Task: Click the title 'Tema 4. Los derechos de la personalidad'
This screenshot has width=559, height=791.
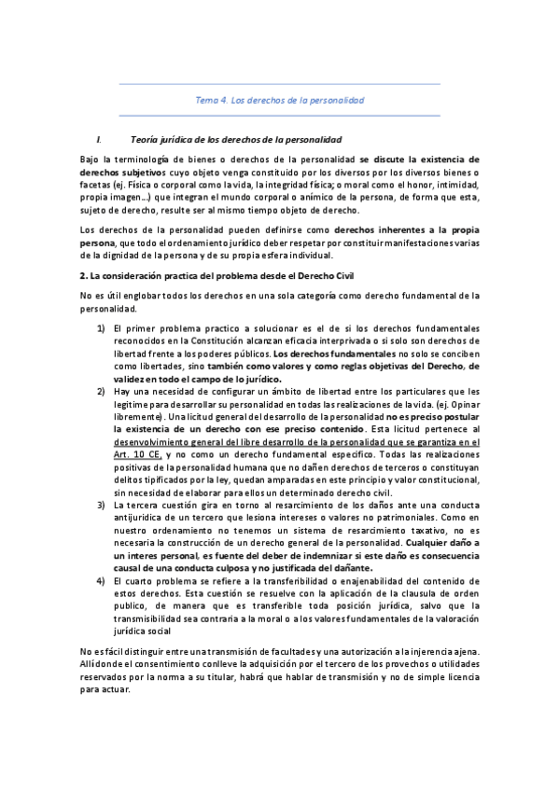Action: (x=279, y=99)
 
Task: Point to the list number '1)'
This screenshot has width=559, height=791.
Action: (x=100, y=329)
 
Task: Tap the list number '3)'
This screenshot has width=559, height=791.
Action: (x=100, y=504)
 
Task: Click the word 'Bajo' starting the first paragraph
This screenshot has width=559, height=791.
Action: (x=91, y=160)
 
